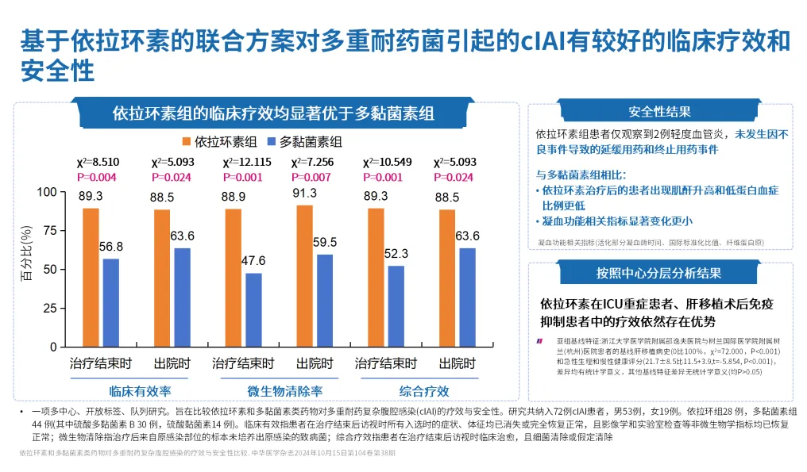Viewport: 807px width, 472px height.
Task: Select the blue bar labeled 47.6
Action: point(254,310)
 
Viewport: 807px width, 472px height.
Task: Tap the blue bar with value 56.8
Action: point(112,303)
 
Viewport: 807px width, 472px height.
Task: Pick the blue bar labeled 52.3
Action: point(396,306)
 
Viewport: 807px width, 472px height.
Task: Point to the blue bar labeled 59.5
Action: point(325,301)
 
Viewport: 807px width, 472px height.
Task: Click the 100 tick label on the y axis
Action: point(47,192)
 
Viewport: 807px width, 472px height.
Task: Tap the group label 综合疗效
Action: point(423,391)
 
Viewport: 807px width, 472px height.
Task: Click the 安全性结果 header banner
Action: point(659,112)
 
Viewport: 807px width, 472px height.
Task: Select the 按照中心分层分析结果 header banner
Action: point(659,273)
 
